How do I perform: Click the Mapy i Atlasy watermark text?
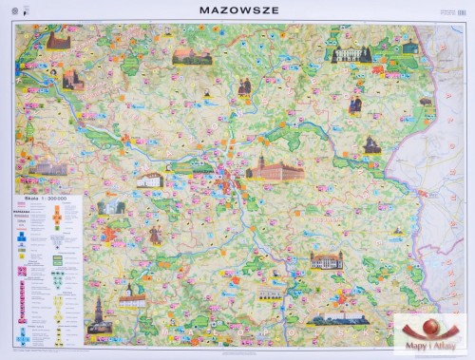coord(435,346)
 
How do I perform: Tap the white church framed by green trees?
coord(109,205)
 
